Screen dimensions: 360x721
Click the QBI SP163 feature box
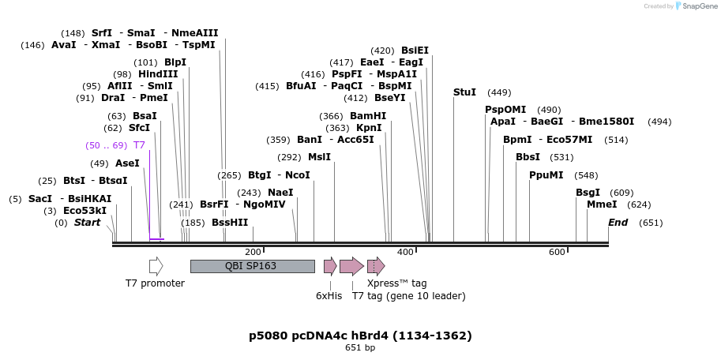click(252, 266)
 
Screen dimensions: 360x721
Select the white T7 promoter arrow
click(156, 266)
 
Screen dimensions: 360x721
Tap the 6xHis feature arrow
click(330, 266)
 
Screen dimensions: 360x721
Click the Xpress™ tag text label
click(396, 283)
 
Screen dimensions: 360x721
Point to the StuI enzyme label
click(464, 92)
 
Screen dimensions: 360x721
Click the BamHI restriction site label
click(368, 115)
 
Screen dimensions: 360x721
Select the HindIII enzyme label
click(158, 73)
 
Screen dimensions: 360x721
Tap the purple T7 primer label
click(139, 145)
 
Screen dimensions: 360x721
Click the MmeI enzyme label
click(602, 204)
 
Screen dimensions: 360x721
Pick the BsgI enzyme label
click(588, 192)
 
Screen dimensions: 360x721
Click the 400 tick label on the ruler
click(404, 252)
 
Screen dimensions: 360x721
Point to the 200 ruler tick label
click(253, 252)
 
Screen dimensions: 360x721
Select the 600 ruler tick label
click(557, 252)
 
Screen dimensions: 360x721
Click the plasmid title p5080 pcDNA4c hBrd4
click(360, 336)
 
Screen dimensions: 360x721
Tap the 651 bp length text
click(360, 348)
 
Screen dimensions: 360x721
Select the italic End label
click(618, 223)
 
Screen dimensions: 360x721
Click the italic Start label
click(87, 223)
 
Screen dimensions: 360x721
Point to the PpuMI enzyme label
click(546, 174)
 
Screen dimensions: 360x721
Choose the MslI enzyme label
click(319, 156)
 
